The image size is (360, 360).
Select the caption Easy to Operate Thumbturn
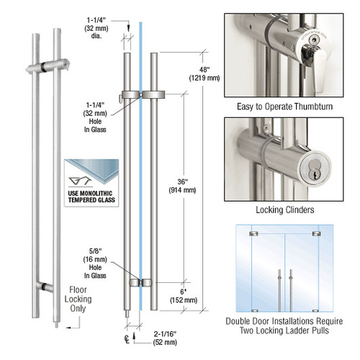coord(289,107)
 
